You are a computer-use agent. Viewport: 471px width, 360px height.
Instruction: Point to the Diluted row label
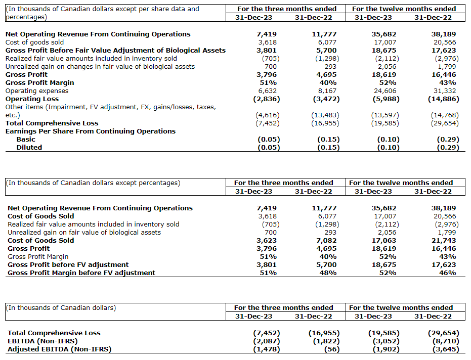tap(29, 148)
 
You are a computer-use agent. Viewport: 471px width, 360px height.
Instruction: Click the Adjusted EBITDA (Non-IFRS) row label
tap(59, 349)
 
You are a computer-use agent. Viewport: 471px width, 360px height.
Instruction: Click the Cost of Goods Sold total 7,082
tap(327, 241)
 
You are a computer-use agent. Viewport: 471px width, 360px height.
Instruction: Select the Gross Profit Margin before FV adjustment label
tap(81, 273)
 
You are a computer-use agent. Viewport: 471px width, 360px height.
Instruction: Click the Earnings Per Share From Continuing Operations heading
tap(91, 131)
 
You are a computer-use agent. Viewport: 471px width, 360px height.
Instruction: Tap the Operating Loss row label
tap(32, 99)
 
